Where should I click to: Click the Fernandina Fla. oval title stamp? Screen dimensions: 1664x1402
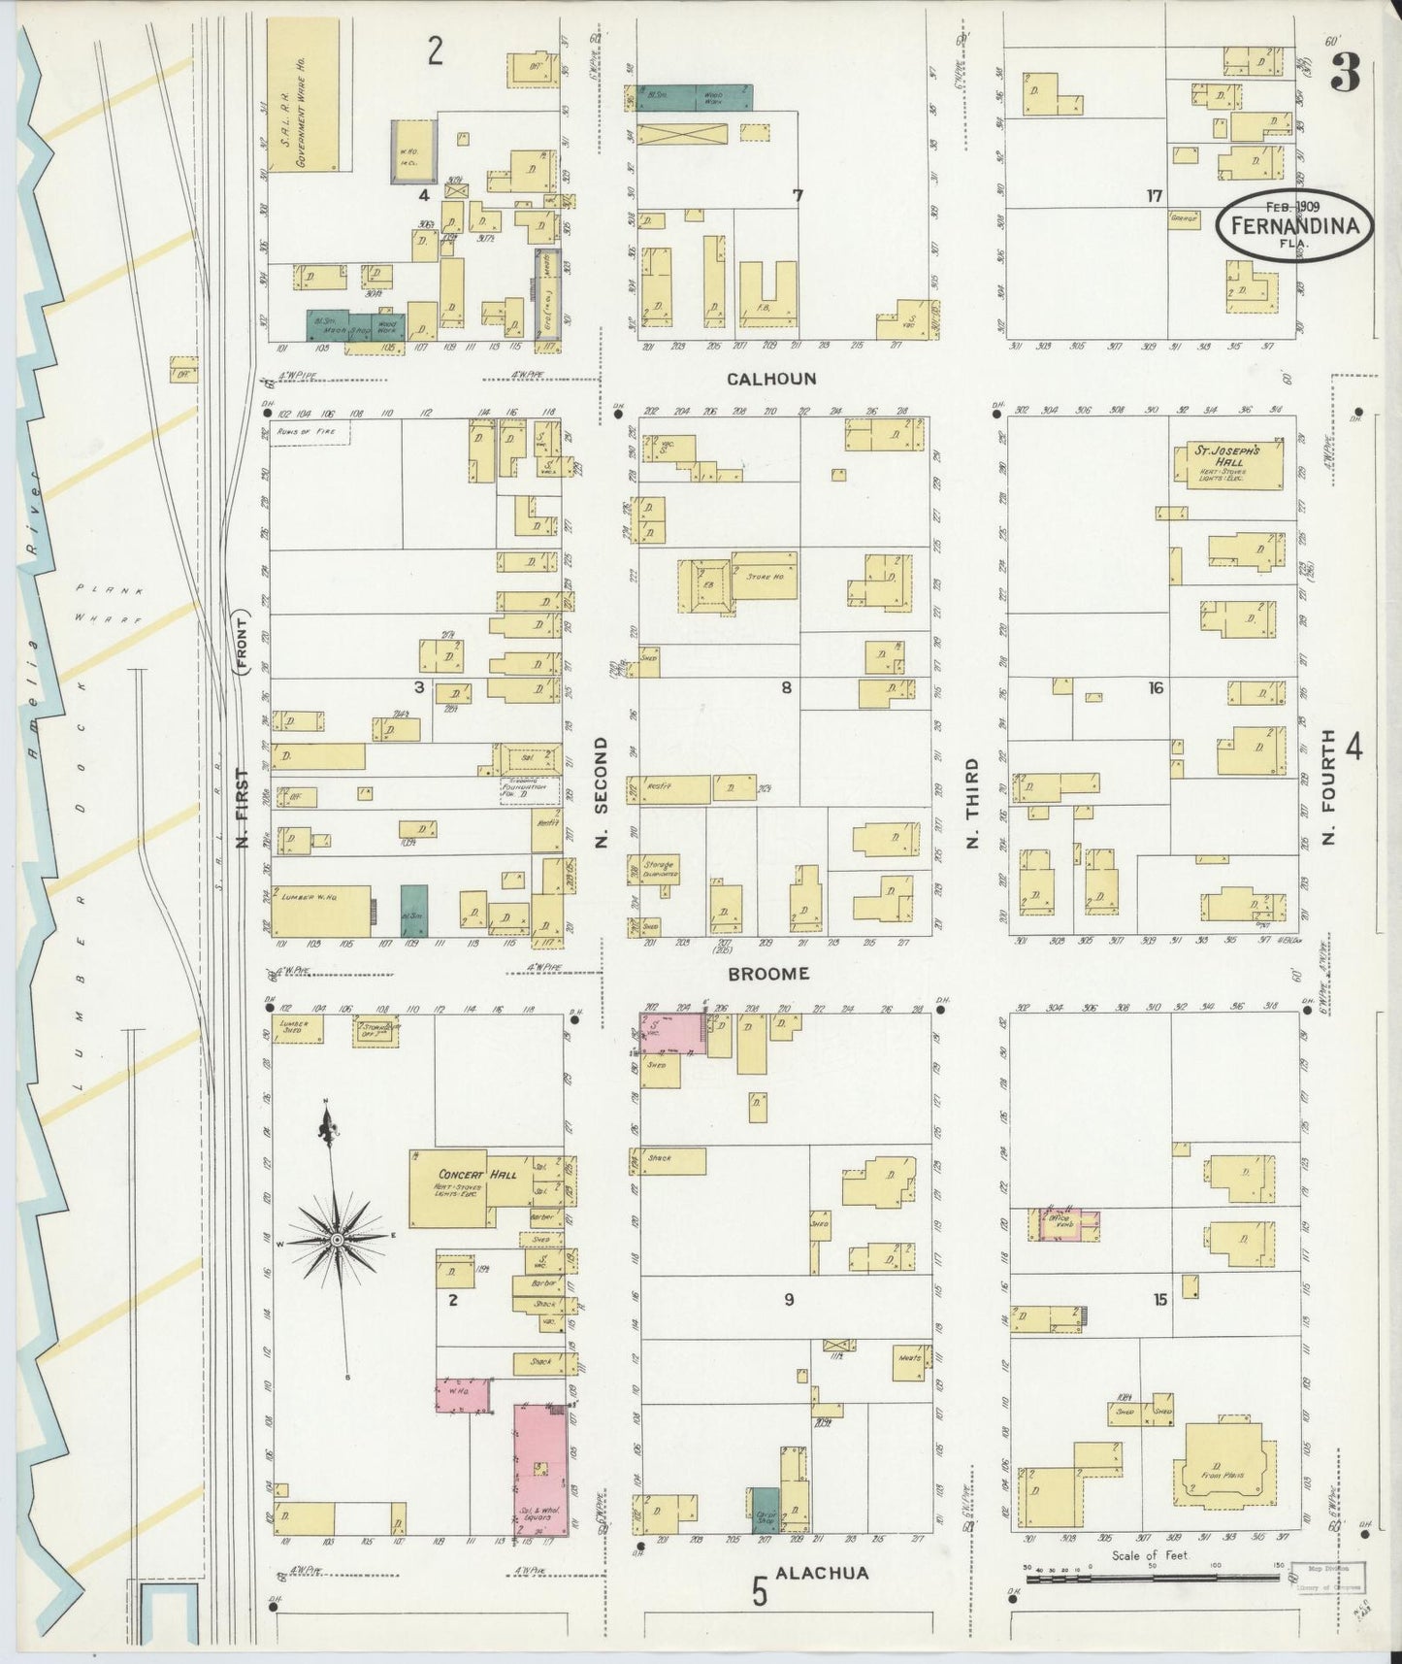(x=1294, y=225)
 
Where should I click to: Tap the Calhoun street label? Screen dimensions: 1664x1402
(x=772, y=379)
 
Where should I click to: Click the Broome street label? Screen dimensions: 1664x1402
(x=768, y=973)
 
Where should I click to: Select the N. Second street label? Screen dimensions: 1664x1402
(x=601, y=791)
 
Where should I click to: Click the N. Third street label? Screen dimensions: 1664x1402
(x=971, y=805)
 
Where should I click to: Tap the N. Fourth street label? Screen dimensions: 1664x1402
(x=1328, y=786)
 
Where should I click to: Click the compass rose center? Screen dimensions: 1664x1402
(x=336, y=1240)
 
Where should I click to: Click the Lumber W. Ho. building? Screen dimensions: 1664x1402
(x=321, y=911)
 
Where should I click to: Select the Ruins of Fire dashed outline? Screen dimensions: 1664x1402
(x=310, y=432)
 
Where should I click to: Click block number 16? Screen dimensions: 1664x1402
(x=1155, y=688)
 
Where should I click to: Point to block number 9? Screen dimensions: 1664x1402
(x=789, y=1299)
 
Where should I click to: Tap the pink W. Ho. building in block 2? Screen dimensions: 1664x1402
(x=462, y=1393)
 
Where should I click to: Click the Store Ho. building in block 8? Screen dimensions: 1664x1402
(x=765, y=577)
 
